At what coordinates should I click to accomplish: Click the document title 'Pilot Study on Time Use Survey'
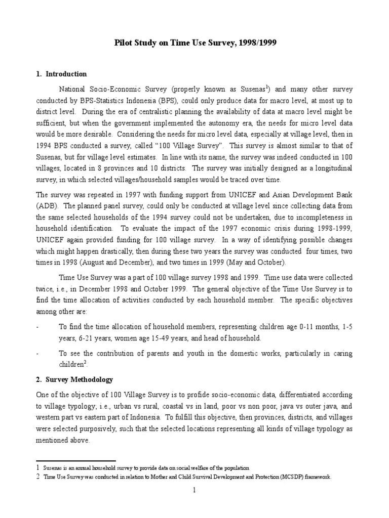click(x=194, y=44)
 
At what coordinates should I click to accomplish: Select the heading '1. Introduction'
click(x=61, y=74)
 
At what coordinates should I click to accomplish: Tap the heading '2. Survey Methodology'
click(x=74, y=379)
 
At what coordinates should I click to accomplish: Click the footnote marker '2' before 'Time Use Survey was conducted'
click(x=38, y=477)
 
